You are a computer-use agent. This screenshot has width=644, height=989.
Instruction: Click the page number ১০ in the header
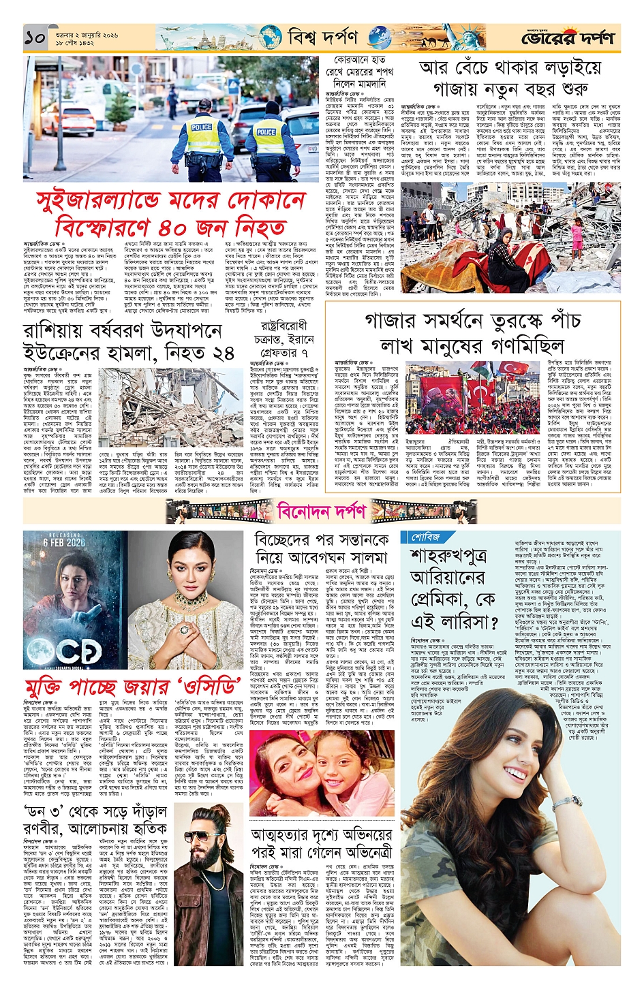[35, 38]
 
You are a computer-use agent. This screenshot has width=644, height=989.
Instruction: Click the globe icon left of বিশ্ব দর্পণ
[269, 38]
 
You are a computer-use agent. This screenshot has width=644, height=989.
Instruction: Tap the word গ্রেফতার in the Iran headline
[277, 353]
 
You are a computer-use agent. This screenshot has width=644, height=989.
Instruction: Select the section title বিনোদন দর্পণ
[322, 509]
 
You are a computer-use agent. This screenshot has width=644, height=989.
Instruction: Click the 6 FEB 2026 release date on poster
[64, 542]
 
